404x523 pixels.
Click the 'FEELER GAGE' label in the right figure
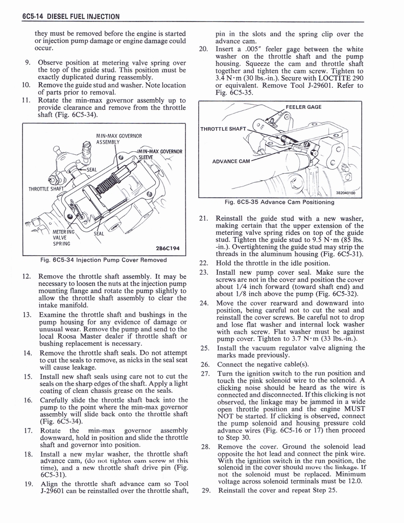point(303,108)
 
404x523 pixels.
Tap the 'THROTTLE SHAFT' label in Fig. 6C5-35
point(224,129)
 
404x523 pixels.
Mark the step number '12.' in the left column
point(28,277)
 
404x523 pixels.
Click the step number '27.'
point(205,373)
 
